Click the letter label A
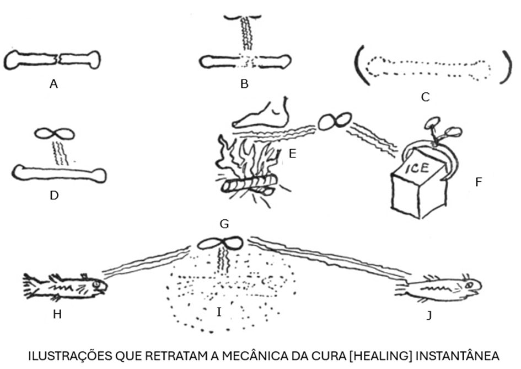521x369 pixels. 53,84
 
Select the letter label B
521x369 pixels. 245,85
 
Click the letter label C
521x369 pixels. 425,97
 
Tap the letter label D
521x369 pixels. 54,195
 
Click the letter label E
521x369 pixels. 292,154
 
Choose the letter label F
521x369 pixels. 478,181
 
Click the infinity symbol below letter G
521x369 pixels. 219,243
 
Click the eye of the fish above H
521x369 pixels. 97,284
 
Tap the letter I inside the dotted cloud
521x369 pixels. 219,313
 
